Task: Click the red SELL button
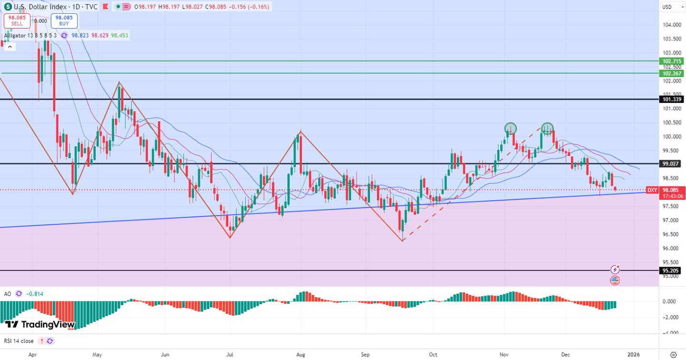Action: [17, 20]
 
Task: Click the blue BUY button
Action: [64, 20]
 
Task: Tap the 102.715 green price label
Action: [672, 61]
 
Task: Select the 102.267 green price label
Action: [672, 73]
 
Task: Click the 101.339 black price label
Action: [672, 100]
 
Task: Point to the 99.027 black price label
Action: [672, 164]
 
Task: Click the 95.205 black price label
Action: [672, 270]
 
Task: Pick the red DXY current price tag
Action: [652, 190]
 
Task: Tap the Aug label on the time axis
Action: [301, 355]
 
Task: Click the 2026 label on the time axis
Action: [633, 355]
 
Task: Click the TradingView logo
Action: [40, 325]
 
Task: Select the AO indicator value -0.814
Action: [35, 294]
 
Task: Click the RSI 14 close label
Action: [19, 341]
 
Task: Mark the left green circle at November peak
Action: [511, 128]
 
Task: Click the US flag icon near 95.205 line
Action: [615, 280]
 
